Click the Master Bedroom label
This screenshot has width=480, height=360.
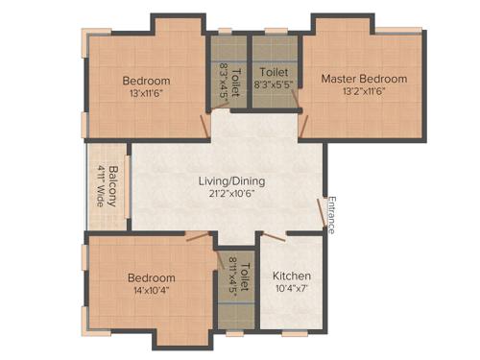(x=364, y=79)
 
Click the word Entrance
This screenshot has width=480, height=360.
(x=331, y=215)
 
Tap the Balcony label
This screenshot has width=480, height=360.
(x=114, y=185)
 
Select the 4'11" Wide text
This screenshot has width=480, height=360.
(x=100, y=185)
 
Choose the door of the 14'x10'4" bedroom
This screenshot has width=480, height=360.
(x=198, y=234)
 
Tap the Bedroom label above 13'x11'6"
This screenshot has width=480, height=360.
(x=147, y=80)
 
